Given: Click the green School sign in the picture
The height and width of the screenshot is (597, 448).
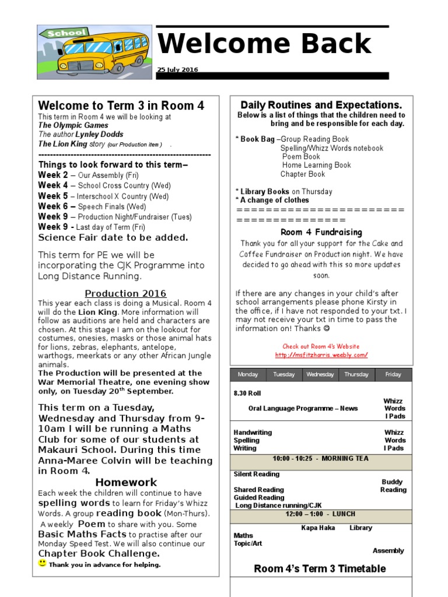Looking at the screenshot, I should coord(66,33).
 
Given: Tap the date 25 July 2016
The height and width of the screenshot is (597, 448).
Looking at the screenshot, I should coord(177,70).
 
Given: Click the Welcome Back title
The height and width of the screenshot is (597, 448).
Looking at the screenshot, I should coord(264,44).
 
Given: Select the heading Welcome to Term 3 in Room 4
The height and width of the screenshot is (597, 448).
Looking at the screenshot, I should coord(121,106).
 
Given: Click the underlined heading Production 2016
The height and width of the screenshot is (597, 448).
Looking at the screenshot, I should coord(125,293).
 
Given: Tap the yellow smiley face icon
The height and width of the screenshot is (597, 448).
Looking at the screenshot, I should coord(42,563).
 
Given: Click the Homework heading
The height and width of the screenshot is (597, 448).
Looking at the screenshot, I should coord(126,482).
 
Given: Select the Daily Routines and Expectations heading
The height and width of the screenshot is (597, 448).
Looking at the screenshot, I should coord(321,105).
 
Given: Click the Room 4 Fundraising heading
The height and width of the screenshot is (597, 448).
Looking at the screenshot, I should coord(321,232).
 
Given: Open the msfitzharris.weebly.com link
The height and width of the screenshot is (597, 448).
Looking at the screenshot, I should coord(321,355).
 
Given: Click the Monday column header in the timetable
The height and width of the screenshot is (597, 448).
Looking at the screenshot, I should coord(248,374).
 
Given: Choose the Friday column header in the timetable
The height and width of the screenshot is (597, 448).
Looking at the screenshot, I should coord(393,374).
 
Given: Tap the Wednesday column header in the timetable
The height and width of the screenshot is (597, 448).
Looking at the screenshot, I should coord(320,374).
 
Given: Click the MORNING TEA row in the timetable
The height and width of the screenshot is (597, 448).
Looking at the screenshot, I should coord(320,459).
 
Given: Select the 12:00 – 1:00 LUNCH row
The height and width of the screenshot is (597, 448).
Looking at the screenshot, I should coord(320,514).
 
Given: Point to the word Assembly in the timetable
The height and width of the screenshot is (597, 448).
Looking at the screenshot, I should coord(388,551).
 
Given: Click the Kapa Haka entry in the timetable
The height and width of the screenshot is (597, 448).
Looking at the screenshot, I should coord(318,528).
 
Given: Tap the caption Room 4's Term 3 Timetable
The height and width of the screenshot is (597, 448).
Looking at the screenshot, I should coord(320,568).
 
